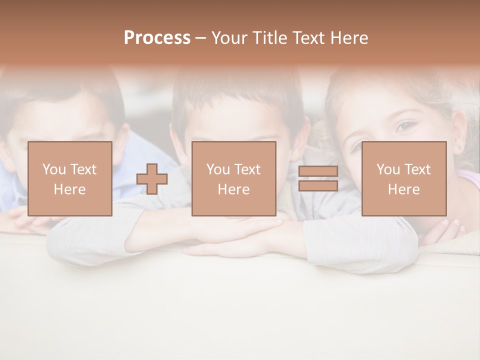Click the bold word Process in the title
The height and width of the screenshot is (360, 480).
(x=157, y=38)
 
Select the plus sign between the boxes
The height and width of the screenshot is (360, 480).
(x=152, y=179)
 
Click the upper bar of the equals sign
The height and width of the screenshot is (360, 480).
(x=318, y=171)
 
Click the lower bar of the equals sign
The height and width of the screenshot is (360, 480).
(x=318, y=186)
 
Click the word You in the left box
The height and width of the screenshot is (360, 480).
(x=54, y=169)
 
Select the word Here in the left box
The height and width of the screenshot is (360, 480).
(x=69, y=189)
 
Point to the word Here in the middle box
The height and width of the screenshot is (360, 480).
(x=233, y=189)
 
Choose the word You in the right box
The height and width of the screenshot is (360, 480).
(x=388, y=169)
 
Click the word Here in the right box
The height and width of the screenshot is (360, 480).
(x=403, y=189)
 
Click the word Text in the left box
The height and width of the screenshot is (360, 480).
(x=83, y=169)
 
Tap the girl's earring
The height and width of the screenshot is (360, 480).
(x=459, y=148)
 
